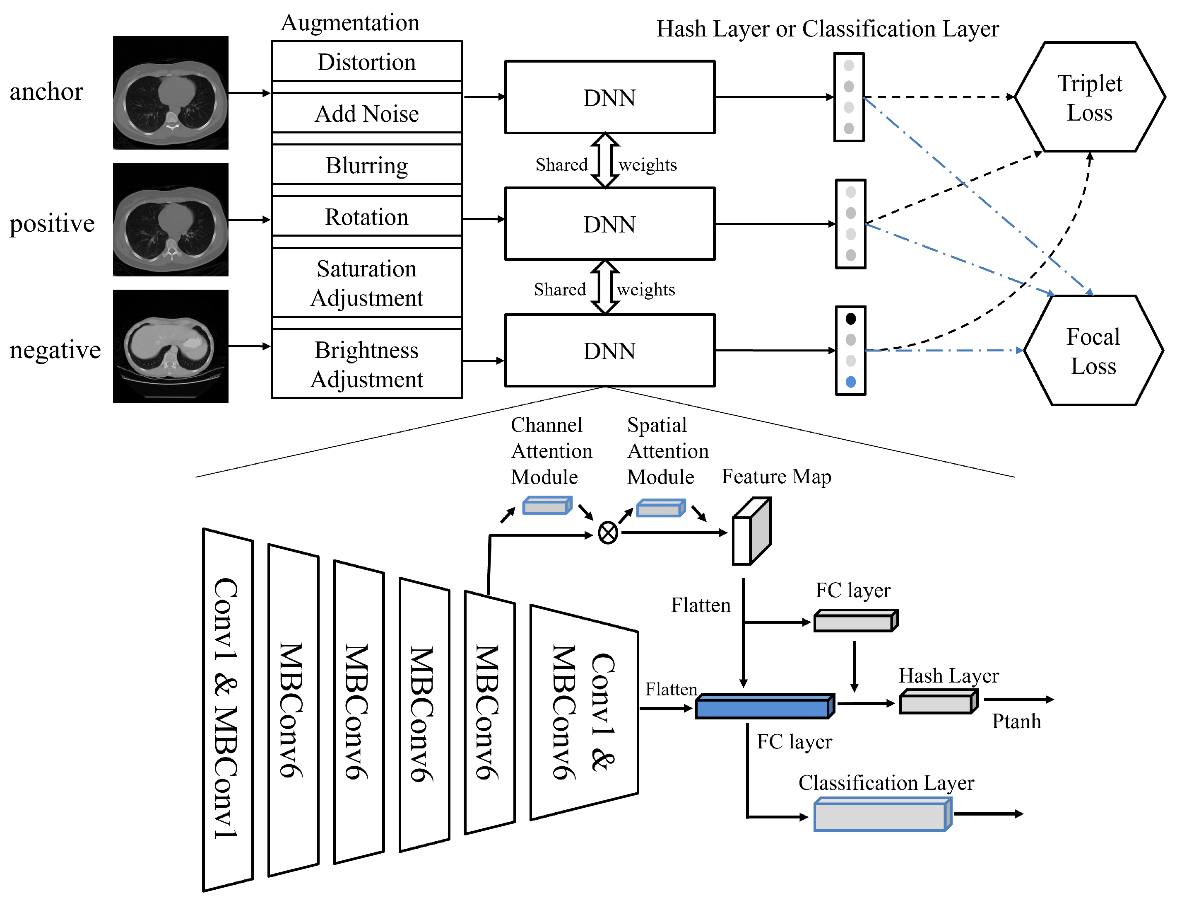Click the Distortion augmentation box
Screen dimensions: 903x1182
[x=366, y=62]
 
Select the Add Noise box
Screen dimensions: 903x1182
[x=366, y=114]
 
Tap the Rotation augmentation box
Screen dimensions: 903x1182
[x=366, y=217]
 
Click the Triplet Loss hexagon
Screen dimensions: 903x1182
[x=1089, y=97]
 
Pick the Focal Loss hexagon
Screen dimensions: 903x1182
[x=1093, y=351]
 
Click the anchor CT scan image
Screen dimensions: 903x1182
[x=170, y=92]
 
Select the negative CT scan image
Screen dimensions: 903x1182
[x=170, y=346]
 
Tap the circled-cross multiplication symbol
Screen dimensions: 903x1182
[x=607, y=533]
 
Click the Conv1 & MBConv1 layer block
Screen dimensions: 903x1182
[x=227, y=709]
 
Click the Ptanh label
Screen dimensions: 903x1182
[x=1016, y=721]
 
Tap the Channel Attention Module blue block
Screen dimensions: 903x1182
[x=546, y=506]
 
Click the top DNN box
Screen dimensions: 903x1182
[x=609, y=97]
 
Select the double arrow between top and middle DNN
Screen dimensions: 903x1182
[x=605, y=160]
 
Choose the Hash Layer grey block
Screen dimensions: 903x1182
[x=938, y=702]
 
